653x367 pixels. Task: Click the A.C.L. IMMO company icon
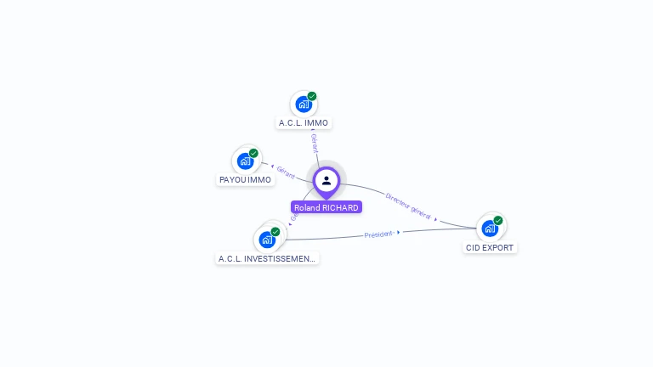303,104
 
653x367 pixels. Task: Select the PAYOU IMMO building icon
246,161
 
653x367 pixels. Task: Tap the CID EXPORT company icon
489,228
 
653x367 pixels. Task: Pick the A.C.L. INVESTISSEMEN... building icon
267,240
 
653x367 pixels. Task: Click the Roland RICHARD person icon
326,180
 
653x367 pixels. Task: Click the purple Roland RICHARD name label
326,207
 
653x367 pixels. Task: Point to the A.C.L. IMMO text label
304,123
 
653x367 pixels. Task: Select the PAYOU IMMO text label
246,180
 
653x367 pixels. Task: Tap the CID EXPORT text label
490,248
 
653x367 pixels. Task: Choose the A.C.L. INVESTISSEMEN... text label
267,258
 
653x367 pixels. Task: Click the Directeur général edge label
408,205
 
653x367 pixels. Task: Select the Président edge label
378,234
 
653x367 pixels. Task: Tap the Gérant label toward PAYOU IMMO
286,173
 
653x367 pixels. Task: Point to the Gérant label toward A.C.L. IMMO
315,143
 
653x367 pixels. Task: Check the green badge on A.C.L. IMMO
312,96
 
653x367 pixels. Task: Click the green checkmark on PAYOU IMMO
253,153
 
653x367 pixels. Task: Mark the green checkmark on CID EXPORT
498,220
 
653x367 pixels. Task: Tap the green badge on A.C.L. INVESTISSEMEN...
275,231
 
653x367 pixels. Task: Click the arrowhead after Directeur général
436,218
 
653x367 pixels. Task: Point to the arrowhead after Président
398,232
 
